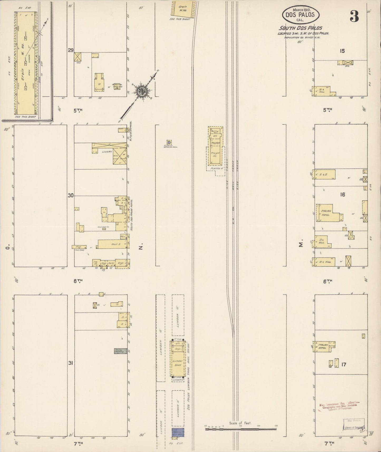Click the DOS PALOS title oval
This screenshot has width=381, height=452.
point(301,15)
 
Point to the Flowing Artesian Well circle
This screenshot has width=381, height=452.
point(169,142)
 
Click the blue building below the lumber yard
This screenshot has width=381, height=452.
point(178,432)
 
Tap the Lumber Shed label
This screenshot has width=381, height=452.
point(176,363)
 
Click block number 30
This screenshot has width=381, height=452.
point(70,195)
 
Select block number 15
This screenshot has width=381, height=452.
point(342,51)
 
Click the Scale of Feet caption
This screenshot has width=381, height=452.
point(240,423)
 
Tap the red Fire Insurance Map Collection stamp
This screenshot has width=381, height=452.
point(339,405)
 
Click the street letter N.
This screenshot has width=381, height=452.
point(141,247)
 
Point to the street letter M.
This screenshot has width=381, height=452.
point(301,245)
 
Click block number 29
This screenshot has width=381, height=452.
point(70,50)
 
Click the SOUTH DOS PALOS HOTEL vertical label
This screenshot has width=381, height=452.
point(132,216)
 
